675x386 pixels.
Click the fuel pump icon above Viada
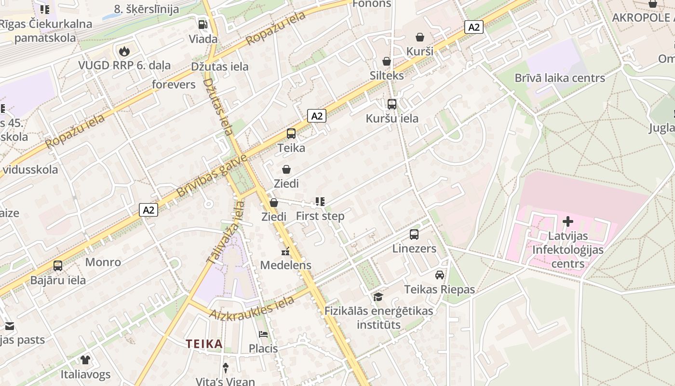tap(203, 25)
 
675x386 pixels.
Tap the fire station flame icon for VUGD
tap(124, 51)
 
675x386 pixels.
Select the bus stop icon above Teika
tap(291, 134)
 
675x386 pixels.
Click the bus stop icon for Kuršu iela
tap(392, 104)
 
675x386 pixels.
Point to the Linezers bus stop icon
tap(414, 234)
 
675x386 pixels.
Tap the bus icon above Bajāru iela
tap(58, 266)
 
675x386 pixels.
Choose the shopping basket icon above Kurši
tap(420, 37)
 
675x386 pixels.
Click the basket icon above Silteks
tap(387, 61)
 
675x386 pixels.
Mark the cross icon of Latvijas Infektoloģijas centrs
tap(568, 222)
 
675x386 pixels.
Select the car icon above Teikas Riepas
tap(440, 275)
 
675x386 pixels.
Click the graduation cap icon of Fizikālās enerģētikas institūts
tap(378, 297)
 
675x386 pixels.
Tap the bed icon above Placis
tap(263, 334)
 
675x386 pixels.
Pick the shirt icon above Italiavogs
tap(85, 359)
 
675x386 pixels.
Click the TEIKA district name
tap(204, 344)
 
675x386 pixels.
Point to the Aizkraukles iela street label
tap(252, 307)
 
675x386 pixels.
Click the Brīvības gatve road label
tap(211, 176)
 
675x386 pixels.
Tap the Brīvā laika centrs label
tap(559, 78)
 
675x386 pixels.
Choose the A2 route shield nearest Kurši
tap(474, 27)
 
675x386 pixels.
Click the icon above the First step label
tap(320, 202)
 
